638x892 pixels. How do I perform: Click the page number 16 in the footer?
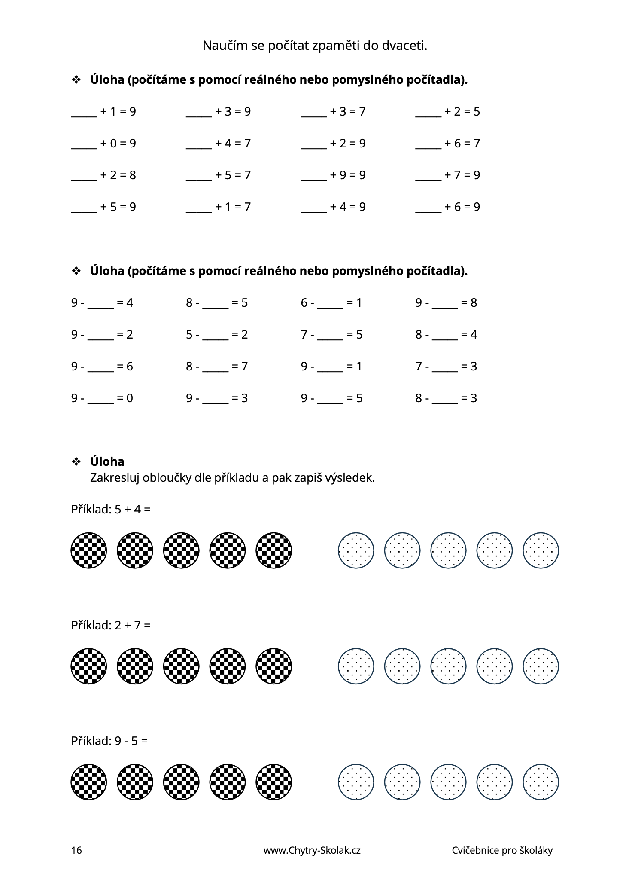click(76, 850)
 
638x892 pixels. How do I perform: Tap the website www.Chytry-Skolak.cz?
click(312, 850)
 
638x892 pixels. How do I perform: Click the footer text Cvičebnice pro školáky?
click(502, 850)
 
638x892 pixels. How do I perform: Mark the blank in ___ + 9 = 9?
click(314, 177)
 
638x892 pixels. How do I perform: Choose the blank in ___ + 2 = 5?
click(428, 113)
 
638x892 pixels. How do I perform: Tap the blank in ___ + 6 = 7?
click(428, 145)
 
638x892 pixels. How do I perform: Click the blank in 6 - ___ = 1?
click(330, 304)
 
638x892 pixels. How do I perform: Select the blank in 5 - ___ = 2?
click(216, 336)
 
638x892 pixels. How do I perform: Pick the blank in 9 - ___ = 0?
click(101, 400)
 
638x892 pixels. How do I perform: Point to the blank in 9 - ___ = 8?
click(445, 304)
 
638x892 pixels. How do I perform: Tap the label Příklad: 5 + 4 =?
click(111, 510)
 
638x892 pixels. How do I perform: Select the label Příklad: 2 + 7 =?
click(111, 625)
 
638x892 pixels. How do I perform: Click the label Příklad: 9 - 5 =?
click(109, 741)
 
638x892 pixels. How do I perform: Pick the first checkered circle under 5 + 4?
click(89, 550)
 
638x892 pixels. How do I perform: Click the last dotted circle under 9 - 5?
click(541, 782)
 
